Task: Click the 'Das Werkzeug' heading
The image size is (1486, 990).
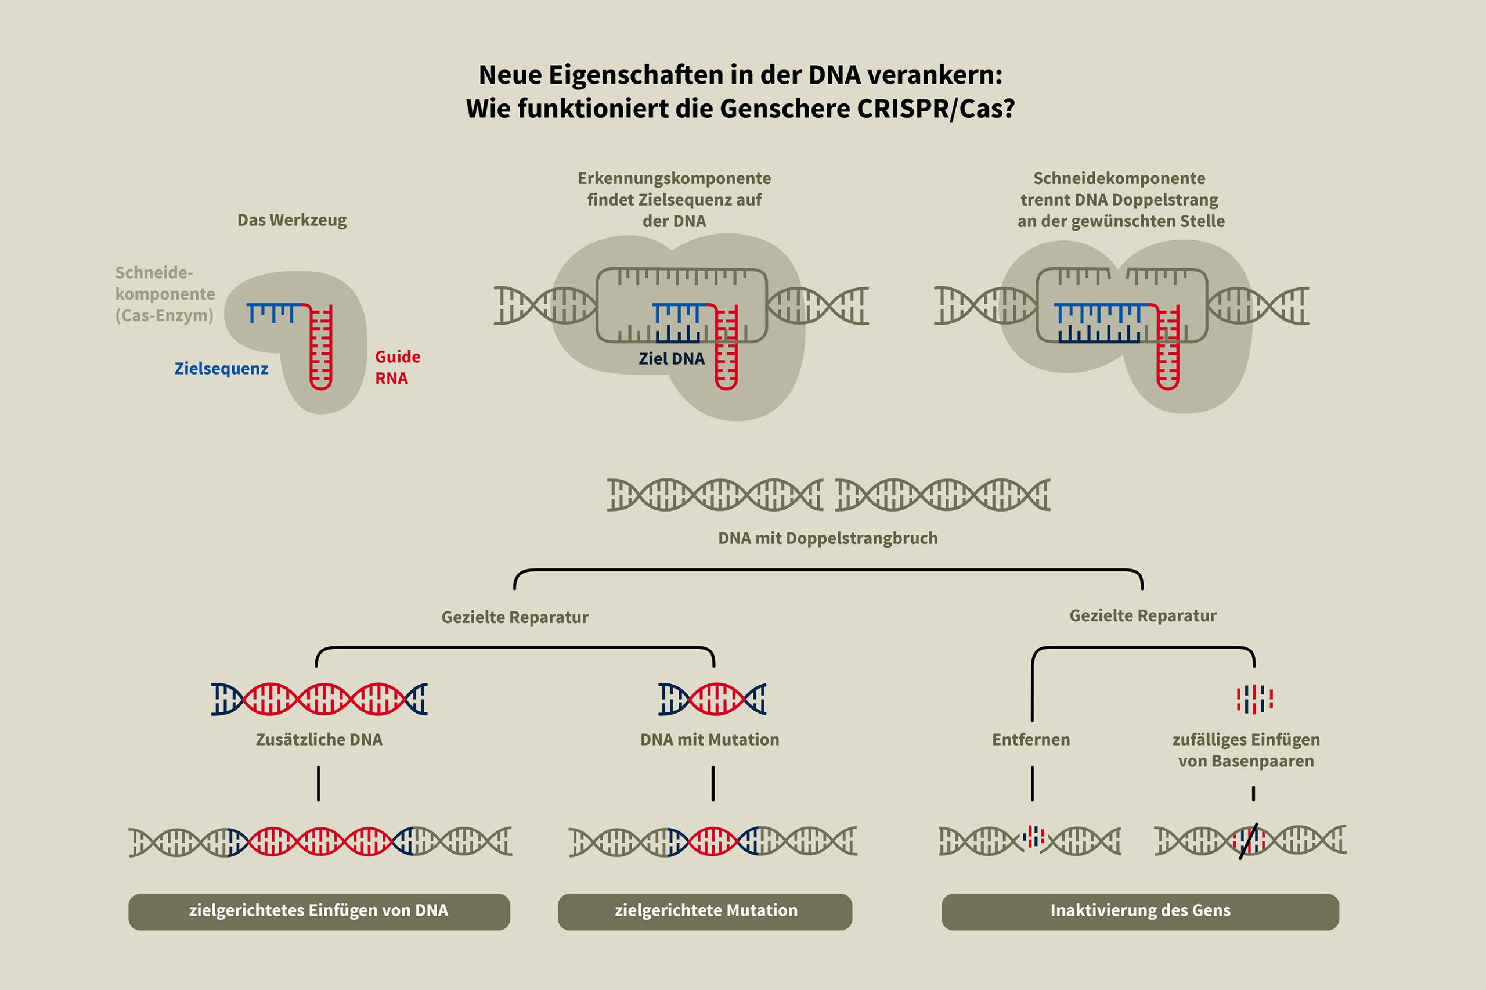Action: [291, 220]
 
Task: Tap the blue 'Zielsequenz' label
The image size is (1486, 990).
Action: [221, 369]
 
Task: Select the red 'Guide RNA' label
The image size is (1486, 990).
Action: [397, 368]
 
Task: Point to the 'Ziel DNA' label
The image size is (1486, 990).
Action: [672, 359]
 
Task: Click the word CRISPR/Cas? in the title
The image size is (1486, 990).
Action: [936, 109]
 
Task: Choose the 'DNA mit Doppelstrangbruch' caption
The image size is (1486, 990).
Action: [827, 539]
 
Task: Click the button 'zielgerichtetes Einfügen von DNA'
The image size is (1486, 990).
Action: [319, 911]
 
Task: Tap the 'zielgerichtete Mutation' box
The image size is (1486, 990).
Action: [705, 911]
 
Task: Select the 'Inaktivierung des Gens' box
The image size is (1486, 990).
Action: [1139, 911]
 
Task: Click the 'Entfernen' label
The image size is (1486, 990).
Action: [1030, 739]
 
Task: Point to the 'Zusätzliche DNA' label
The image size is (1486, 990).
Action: [319, 739]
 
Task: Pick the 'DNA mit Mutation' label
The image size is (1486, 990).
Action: [709, 739]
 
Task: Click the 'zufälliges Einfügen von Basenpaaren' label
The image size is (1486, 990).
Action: [1246, 750]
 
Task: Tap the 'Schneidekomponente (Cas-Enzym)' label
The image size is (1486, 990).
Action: [165, 294]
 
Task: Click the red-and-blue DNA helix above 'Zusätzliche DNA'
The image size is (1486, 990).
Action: [319, 699]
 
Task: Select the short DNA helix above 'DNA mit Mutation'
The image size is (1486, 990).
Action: [712, 699]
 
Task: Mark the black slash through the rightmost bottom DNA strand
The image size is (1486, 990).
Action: [1248, 841]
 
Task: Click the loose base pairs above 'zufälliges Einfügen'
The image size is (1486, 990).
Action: [1254, 699]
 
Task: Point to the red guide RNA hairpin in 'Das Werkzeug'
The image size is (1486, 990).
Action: [321, 347]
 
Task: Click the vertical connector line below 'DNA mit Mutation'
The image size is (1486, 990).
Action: [713, 783]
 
